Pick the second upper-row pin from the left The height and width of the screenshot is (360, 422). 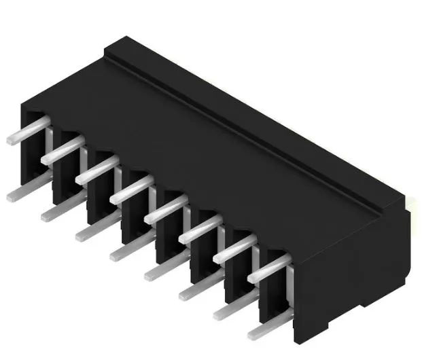tap(62, 151)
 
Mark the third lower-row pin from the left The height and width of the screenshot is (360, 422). tap(94, 231)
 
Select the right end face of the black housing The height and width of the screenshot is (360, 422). tap(353, 272)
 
